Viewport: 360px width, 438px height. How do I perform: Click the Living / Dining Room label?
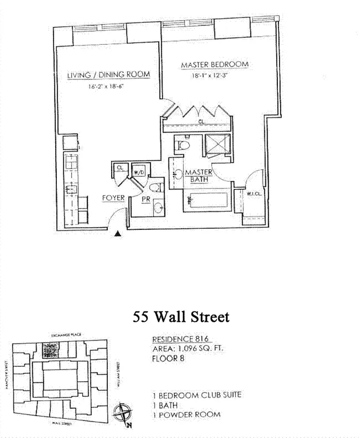tap(108, 75)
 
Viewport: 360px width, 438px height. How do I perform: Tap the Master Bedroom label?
tap(214, 65)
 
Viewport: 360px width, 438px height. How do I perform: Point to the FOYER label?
tap(113, 198)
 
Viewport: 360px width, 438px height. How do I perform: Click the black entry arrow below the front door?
tap(117, 234)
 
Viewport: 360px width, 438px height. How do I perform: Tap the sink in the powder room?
tap(158, 208)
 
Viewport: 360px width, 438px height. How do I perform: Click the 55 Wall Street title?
tap(181, 317)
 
